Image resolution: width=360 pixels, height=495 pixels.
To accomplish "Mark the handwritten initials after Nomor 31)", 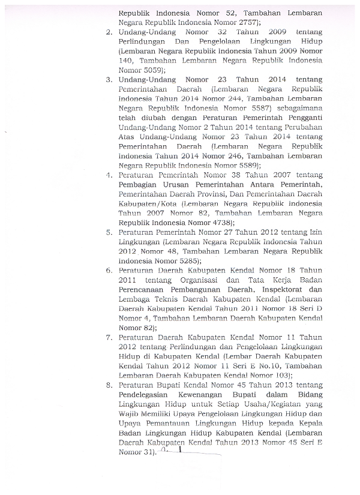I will click(x=177, y=451).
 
